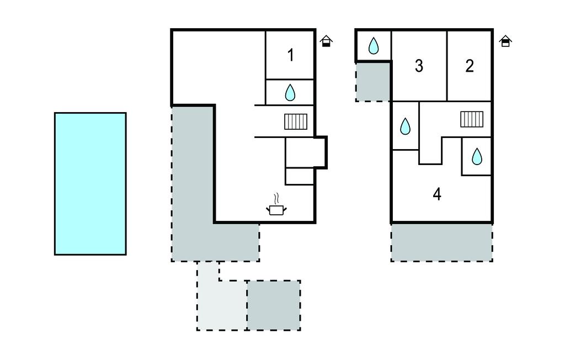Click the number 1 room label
tap(291, 55)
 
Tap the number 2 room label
tap(470, 66)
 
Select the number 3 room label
tap(419, 66)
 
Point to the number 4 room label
tap(437, 194)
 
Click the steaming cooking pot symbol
tap(276, 209)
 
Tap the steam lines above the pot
tap(277, 198)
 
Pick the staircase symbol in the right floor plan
tap(472, 119)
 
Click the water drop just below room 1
tap(290, 93)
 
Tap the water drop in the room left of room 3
tap(374, 46)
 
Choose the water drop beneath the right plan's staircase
tap(477, 157)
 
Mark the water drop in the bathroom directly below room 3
tap(405, 127)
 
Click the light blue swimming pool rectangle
tap(90, 183)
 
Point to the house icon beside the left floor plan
tap(326, 41)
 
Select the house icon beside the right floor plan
tap(505, 41)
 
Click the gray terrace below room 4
tap(441, 242)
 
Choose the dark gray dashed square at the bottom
tap(274, 305)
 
